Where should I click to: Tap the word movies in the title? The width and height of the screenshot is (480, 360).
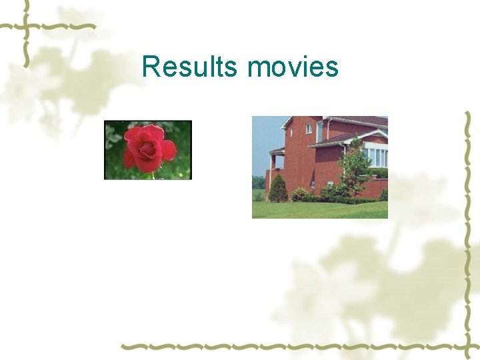point(293,67)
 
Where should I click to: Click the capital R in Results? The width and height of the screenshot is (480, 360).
point(151,67)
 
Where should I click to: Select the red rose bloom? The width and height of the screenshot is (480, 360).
point(148,147)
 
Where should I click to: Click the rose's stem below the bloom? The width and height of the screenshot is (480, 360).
point(153,175)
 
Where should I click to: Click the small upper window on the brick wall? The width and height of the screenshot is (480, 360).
point(309,129)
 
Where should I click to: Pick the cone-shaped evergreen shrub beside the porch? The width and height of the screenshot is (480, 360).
point(278,189)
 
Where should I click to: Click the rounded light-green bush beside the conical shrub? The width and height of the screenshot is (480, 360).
point(299,194)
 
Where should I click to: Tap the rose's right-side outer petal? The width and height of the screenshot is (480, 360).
point(169,151)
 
